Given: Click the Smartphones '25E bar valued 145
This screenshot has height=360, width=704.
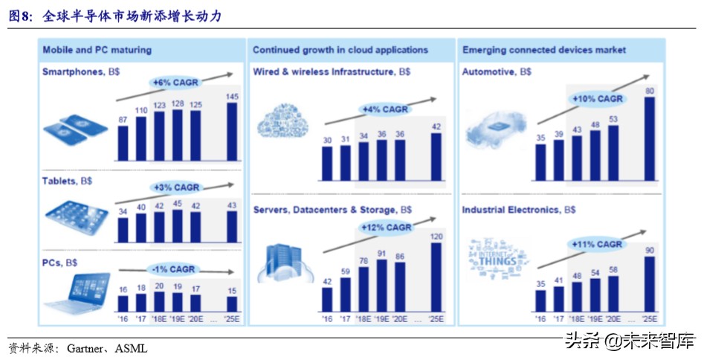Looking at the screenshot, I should tap(232, 132).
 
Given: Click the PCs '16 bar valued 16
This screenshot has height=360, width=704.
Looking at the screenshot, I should tap(123, 303).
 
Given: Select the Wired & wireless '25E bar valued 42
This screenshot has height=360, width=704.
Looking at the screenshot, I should tap(436, 156).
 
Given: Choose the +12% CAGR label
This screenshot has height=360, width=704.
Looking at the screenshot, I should tap(385, 227).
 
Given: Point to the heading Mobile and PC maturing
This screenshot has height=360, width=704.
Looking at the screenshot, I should tap(97, 50).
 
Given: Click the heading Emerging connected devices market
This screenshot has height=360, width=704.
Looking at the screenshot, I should tap(544, 50).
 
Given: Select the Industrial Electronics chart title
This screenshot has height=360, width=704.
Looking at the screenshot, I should tap(519, 210).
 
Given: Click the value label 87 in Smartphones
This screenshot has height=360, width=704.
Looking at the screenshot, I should tap(123, 120).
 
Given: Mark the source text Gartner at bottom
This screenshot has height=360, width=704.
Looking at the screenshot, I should tap(87, 347).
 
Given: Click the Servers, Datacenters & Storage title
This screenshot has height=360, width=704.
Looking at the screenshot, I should tap(332, 210).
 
